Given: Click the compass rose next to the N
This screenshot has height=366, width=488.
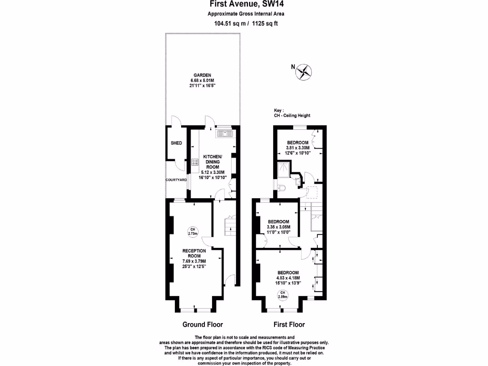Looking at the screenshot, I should pyautogui.click(x=304, y=72).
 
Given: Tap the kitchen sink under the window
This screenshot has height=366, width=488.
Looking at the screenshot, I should pyautogui.click(x=224, y=134).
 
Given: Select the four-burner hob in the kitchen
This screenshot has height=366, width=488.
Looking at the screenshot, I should pyautogui.click(x=195, y=162).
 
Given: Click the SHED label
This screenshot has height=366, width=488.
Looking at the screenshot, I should pyautogui.click(x=176, y=143).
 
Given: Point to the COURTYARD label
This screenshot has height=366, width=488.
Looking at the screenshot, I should pyautogui.click(x=176, y=180).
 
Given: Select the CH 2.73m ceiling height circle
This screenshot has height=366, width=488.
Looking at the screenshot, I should pyautogui.click(x=193, y=232).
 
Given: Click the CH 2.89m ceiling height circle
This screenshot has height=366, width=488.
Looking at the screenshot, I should pyautogui.click(x=283, y=295).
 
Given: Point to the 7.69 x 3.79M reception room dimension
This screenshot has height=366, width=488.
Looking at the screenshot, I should pyautogui.click(x=194, y=261).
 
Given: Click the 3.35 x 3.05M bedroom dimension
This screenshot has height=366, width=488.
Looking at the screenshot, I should pyautogui.click(x=279, y=227).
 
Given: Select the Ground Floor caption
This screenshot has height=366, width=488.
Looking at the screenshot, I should pyautogui.click(x=203, y=325).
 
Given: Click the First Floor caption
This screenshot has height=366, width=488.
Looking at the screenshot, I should pyautogui.click(x=289, y=325).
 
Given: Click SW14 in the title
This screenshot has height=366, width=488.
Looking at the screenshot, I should pyautogui.click(x=275, y=4).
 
